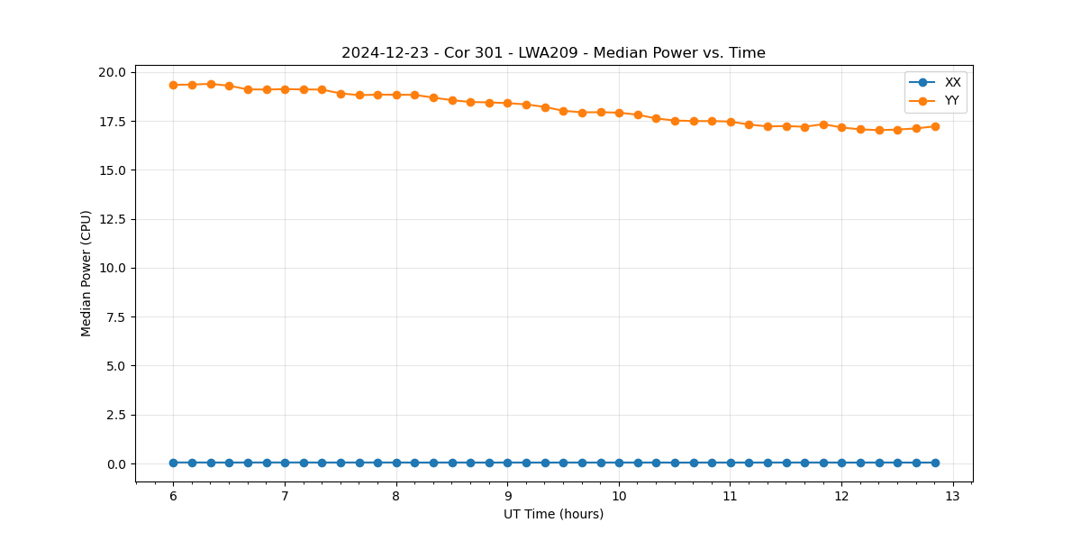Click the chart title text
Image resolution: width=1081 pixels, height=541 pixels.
553,53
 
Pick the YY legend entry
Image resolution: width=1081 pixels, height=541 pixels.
951,100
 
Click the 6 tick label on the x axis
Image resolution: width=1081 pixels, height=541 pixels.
173,497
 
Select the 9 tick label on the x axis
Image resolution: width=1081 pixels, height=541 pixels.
507,497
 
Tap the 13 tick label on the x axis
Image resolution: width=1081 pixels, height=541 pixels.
953,497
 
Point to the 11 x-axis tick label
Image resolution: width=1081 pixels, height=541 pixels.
731,497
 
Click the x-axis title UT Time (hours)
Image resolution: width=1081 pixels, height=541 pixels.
553,514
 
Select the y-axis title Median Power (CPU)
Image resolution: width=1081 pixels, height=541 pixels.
86,273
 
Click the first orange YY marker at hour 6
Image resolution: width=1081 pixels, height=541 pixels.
173,85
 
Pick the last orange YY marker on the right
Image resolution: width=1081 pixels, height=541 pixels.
935,126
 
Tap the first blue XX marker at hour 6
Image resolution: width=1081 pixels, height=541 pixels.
173,463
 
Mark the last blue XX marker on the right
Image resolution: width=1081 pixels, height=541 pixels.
935,463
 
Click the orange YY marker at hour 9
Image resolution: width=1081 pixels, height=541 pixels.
507,104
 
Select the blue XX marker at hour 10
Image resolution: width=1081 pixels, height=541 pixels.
619,463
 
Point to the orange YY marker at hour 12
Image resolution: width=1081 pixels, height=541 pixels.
841,127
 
